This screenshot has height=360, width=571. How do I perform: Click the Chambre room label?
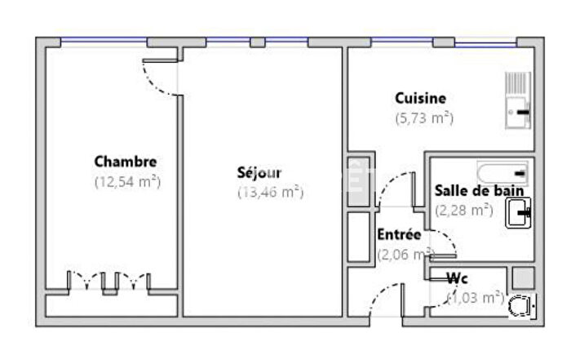(125, 162)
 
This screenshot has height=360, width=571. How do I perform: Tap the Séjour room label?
(259, 173)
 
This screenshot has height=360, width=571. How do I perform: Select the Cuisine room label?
(420, 99)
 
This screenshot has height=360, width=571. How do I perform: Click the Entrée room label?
(399, 234)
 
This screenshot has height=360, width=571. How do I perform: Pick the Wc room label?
(457, 278)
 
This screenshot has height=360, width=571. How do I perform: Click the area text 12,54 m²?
(126, 181)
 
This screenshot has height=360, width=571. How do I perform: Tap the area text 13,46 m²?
(270, 193)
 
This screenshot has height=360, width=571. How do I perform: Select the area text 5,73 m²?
(424, 118)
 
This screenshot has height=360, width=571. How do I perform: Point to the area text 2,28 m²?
(463, 210)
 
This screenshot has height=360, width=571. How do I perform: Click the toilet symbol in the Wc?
(520, 306)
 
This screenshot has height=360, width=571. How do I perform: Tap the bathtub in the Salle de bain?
(502, 173)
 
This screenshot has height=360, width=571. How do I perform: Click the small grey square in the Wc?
(522, 277)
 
